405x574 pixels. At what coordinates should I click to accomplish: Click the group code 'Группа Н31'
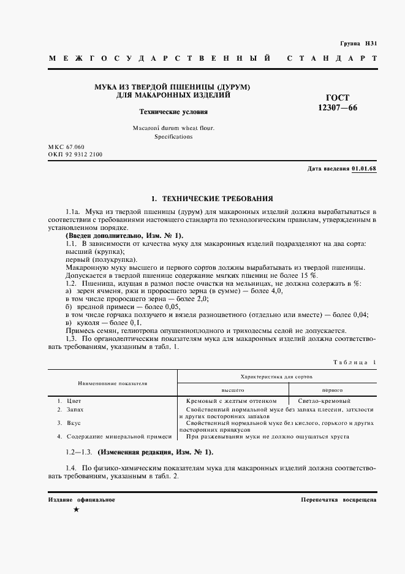click(359, 44)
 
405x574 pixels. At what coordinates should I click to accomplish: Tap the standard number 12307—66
click(337, 108)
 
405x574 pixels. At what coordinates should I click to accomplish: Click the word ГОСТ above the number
click(338, 98)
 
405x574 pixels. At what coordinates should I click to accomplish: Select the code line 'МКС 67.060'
click(66, 148)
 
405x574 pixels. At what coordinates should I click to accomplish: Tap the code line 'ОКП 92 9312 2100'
click(75, 155)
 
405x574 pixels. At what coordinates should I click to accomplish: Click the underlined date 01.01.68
click(365, 169)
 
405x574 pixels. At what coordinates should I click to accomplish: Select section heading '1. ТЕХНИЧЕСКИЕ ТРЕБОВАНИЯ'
click(212, 198)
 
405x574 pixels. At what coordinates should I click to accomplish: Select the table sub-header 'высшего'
click(233, 389)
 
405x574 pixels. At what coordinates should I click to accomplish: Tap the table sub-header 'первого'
click(332, 389)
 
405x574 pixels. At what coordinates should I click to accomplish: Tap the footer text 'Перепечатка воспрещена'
click(339, 500)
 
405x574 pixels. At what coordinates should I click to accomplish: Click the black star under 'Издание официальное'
click(76, 510)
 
